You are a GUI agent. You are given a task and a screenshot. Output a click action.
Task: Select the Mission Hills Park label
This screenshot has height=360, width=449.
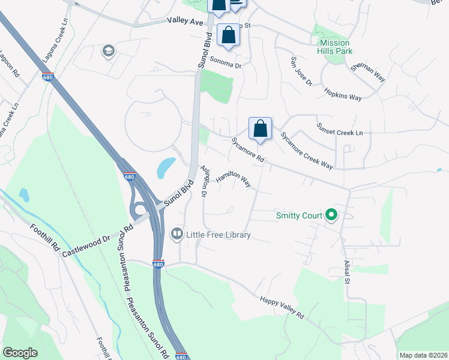(x=336, y=47)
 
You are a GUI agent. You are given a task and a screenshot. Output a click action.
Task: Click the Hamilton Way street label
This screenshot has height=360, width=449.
(x=234, y=178)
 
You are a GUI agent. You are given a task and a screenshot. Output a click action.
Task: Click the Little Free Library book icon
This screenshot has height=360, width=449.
(x=177, y=233)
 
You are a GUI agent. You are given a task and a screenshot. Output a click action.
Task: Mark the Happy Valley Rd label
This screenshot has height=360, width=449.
(x=282, y=307)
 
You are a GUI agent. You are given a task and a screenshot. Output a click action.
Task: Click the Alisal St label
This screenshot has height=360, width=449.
(x=347, y=272)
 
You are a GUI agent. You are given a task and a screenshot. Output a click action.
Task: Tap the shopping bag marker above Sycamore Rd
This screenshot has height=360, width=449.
(x=260, y=128)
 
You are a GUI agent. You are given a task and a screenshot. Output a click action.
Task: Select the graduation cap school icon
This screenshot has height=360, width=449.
(x=109, y=51)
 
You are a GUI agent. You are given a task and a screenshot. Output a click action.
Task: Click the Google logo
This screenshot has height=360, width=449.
(x=20, y=353)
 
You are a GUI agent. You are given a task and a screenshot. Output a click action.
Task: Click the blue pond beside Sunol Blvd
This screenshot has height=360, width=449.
(x=166, y=167)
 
